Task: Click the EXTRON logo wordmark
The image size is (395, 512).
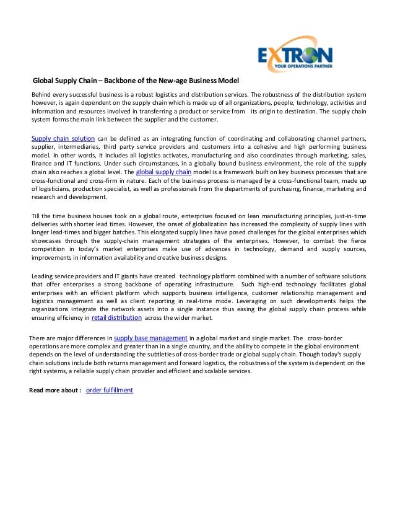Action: [x=295, y=50]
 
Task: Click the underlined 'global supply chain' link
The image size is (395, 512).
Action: [x=163, y=172]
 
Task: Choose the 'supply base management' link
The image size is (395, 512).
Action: [x=151, y=337]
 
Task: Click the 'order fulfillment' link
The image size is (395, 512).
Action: [x=110, y=390]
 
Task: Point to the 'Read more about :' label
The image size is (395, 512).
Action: [x=56, y=390]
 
